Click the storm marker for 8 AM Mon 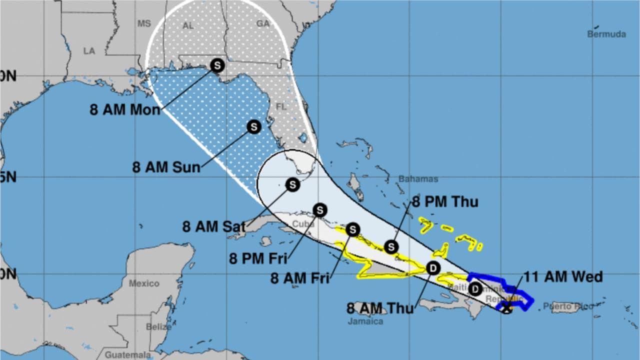[x=217, y=65]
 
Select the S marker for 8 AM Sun [x=254, y=127]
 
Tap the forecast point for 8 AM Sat [x=292, y=185]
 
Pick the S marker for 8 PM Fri [x=319, y=210]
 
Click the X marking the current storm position [x=506, y=308]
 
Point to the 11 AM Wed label [x=562, y=276]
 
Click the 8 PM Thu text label [x=444, y=201]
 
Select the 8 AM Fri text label [x=300, y=278]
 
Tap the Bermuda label [x=606, y=34]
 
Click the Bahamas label [x=418, y=179]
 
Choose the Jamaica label [x=365, y=321]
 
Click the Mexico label [x=144, y=283]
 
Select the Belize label [x=159, y=326]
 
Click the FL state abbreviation [x=280, y=106]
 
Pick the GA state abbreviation [x=262, y=23]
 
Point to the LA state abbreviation [x=89, y=51]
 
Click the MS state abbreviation [x=144, y=23]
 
